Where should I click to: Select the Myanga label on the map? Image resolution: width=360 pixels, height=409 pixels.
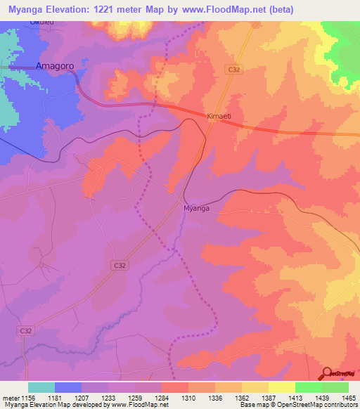[197, 209]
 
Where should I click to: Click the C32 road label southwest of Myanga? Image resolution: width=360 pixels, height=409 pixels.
[120, 265]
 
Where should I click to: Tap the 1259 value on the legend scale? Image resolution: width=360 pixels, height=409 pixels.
[135, 398]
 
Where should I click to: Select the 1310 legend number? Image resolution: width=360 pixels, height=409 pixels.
[188, 398]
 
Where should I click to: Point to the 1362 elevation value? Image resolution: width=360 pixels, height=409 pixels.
[242, 398]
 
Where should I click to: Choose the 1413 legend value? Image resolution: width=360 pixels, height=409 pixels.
[295, 398]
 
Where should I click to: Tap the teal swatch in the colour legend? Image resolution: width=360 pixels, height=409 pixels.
[41, 387]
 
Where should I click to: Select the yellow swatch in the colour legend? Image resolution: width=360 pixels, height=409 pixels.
[281, 387]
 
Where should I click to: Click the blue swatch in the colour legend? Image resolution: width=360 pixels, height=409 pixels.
[68, 387]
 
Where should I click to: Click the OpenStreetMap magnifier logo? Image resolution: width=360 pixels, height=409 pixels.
[326, 373]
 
